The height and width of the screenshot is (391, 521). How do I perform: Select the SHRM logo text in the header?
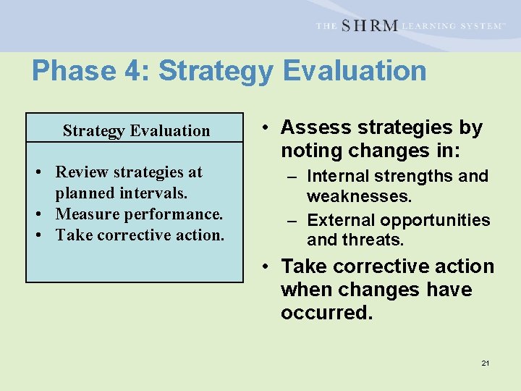[x=369, y=25]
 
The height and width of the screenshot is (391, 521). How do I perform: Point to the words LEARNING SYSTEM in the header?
[x=452, y=26]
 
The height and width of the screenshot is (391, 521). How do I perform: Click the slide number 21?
[x=486, y=363]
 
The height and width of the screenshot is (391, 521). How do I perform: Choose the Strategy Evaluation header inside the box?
[x=136, y=130]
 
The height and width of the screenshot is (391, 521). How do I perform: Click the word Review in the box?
[x=80, y=172]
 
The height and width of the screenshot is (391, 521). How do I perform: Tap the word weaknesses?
[x=359, y=196]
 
